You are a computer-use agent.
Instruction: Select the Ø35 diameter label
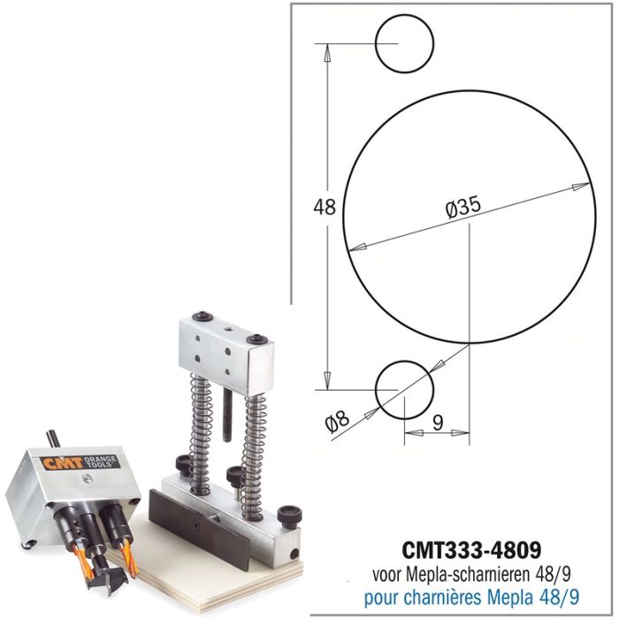pyautogui.click(x=462, y=207)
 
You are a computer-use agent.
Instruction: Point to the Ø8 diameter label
pyautogui.click(x=338, y=422)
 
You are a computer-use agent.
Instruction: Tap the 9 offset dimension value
pyautogui.click(x=437, y=423)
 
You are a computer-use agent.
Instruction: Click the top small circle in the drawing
pyautogui.click(x=404, y=43)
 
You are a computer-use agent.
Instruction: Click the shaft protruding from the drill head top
pyautogui.click(x=54, y=439)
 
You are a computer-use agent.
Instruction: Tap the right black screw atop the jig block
pyautogui.click(x=256, y=338)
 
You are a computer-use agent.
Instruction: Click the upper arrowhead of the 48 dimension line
pyautogui.click(x=327, y=51)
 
